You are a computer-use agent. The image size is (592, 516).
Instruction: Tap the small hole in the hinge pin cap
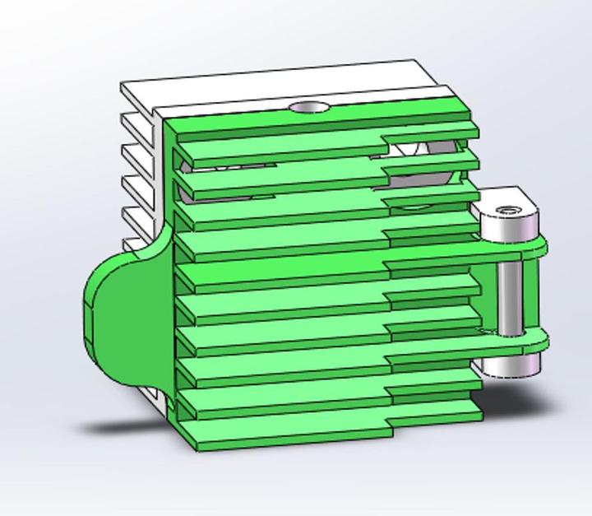[511, 211]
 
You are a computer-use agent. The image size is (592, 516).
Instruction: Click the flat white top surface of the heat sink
[271, 82]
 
